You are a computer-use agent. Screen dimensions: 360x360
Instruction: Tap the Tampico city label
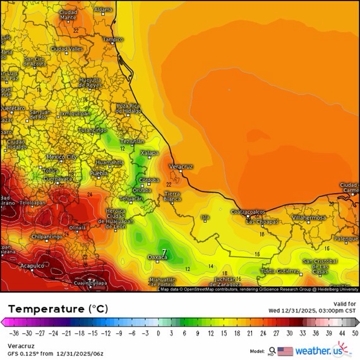[113, 39]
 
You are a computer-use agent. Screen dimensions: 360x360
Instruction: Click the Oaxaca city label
[157, 257]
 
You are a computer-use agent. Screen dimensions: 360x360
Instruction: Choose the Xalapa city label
[149, 153]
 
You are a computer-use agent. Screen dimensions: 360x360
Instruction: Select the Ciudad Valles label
[67, 49]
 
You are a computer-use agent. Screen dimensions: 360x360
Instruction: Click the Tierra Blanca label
[172, 195]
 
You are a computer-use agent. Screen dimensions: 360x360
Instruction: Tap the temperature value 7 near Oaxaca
[164, 253]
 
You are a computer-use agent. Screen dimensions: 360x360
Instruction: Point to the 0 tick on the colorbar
[158, 333]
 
